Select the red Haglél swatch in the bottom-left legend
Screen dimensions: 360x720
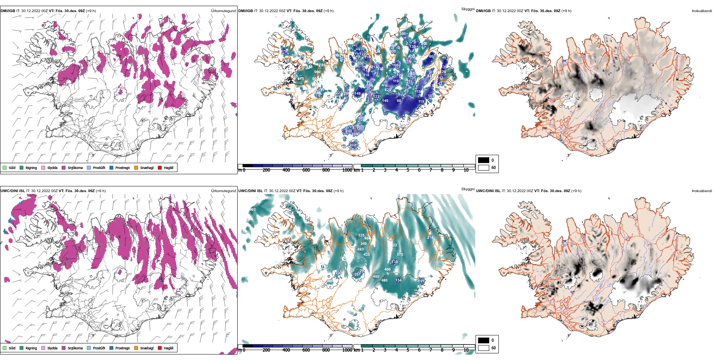pyautogui.click(x=160, y=348)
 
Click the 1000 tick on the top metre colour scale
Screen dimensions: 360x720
pyautogui.click(x=347, y=170)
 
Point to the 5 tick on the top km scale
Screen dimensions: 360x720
pyautogui.click(x=408, y=170)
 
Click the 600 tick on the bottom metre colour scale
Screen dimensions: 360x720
pyautogui.click(x=306, y=350)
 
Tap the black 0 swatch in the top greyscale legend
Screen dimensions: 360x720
pyautogui.click(x=484, y=160)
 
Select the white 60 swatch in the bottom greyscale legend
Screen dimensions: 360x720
pyautogui.click(x=484, y=347)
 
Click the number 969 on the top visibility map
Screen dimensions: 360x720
pyautogui.click(x=317, y=72)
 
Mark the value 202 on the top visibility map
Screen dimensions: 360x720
pyautogui.click(x=353, y=145)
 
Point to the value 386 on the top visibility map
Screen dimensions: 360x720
pyautogui.click(x=402, y=33)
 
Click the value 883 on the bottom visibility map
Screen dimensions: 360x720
pyautogui.click(x=360, y=249)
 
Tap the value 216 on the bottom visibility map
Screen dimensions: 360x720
pyautogui.click(x=430, y=238)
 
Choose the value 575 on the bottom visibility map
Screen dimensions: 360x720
pyautogui.click(x=400, y=255)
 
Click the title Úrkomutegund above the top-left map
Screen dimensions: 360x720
pyautogui.click(x=223, y=11)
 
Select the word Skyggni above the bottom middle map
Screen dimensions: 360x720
pyautogui.click(x=468, y=189)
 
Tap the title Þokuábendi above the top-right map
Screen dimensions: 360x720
pyautogui.click(x=702, y=11)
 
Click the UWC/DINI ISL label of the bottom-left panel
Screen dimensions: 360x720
pyautogui.click(x=13, y=191)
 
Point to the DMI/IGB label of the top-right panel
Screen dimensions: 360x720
pyautogui.click(x=483, y=11)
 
